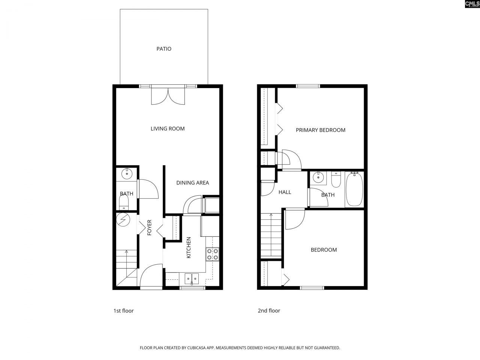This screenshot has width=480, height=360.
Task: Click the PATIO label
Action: tap(164, 49)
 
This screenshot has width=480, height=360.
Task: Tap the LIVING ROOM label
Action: tap(168, 129)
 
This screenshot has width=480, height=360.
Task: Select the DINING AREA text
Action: tap(192, 183)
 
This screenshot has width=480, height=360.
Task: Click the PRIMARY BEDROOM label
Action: tap(320, 130)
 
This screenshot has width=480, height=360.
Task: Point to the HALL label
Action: tap(285, 192)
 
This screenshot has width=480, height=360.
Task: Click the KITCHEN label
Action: tap(189, 247)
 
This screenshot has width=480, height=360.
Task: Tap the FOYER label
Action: tap(149, 227)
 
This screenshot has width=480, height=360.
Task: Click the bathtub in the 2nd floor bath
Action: tap(354, 189)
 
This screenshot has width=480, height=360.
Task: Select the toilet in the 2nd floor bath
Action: tap(336, 180)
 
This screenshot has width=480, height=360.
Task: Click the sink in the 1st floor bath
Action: tap(127, 174)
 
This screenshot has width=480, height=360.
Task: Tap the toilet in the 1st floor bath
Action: tap(123, 204)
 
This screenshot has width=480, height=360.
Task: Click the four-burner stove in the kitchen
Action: tap(213, 255)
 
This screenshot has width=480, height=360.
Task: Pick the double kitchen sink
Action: tap(192, 279)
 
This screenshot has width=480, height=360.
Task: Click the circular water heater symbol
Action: tap(122, 220)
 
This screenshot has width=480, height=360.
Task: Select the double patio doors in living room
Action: tap(168, 96)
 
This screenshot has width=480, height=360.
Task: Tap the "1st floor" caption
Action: tap(123, 310)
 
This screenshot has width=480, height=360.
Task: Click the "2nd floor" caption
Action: tap(268, 310)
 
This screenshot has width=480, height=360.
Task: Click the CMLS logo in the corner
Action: tap(472, 4)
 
